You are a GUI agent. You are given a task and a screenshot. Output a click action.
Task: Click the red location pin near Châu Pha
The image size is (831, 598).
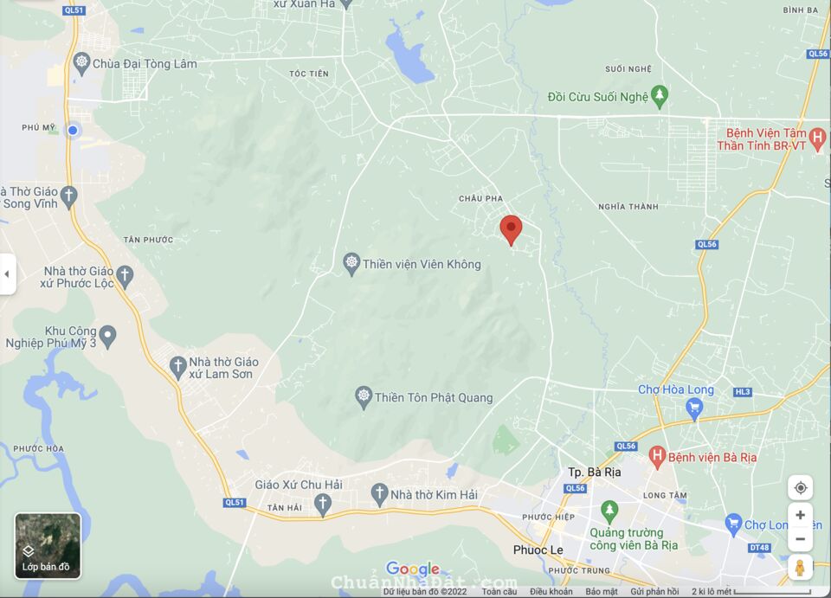click(512, 229)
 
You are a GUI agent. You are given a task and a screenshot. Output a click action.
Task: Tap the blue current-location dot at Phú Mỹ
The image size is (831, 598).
click(73, 130)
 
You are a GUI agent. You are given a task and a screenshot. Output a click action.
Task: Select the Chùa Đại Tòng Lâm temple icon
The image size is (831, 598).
click(82, 61)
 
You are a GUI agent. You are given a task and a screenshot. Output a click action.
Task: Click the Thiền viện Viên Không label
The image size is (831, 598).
click(421, 264)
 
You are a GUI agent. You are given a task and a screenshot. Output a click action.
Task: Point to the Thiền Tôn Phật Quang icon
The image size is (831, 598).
click(364, 397)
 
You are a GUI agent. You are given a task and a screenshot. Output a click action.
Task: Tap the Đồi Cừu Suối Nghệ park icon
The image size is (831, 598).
click(660, 95)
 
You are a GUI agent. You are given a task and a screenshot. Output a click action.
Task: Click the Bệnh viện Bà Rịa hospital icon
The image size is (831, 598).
click(657, 455)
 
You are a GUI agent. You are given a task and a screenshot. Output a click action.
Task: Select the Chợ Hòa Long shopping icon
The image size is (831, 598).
click(694, 407)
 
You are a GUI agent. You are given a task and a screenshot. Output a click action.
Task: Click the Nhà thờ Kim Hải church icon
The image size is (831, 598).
click(379, 493)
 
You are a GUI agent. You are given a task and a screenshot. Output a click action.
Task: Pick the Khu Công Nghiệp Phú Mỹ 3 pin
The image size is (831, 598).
click(108, 335)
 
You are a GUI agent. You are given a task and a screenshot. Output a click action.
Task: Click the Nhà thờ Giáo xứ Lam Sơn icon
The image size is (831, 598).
click(178, 366)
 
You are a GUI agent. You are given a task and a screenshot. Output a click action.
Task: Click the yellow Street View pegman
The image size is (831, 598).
click(800, 569)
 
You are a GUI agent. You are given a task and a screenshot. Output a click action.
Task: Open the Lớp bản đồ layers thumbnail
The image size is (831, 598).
click(48, 545)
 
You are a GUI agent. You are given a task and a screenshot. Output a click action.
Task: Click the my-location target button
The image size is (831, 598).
click(800, 487)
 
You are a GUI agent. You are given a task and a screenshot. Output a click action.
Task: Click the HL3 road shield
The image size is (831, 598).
click(743, 392)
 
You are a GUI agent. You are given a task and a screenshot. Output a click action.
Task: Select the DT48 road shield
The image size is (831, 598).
click(759, 547)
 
